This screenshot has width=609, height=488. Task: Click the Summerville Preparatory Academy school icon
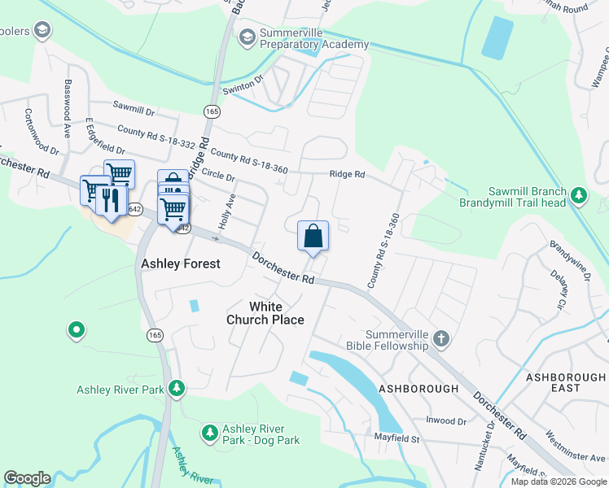(x=247, y=36)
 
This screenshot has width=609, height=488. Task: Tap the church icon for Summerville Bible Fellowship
(x=440, y=338)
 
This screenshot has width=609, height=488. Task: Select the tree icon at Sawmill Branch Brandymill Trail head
(x=579, y=194)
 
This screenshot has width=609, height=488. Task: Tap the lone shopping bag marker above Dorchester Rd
(x=313, y=237)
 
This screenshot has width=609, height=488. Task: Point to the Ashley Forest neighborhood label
(x=181, y=264)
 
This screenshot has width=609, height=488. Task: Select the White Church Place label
(x=265, y=313)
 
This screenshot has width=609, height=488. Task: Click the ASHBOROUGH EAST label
(x=565, y=382)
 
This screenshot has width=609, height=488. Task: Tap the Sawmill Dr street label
(x=134, y=109)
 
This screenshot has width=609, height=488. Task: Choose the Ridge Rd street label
(x=347, y=174)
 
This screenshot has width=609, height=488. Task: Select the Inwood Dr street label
(x=446, y=421)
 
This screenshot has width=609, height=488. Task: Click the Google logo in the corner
(x=28, y=478)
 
